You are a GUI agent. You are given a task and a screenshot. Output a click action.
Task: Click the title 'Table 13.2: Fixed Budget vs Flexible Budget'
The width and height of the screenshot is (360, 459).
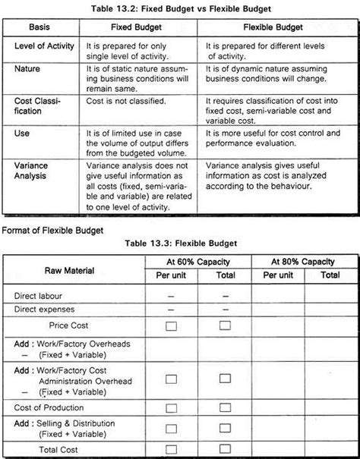click(x=180, y=8)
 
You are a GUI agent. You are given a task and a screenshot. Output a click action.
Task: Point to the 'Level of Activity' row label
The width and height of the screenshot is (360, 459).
click(x=45, y=46)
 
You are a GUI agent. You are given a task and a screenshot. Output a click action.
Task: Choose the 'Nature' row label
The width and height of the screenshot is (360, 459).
click(x=28, y=68)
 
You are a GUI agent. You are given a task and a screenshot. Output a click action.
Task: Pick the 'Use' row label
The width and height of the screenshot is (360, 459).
click(x=21, y=132)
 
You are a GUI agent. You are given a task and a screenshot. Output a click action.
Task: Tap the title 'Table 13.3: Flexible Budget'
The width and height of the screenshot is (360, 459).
click(x=180, y=243)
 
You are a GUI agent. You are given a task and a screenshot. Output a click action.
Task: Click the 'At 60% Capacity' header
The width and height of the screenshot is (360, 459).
click(x=198, y=262)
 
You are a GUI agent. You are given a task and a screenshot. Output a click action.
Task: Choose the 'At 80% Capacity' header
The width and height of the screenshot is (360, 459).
click(x=303, y=262)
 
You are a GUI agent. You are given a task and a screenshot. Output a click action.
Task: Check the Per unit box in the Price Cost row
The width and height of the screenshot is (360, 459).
click(x=171, y=325)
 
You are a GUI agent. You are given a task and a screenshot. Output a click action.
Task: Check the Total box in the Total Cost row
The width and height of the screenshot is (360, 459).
click(x=225, y=451)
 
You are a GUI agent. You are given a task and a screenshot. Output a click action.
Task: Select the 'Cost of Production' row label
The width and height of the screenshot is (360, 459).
click(x=46, y=407)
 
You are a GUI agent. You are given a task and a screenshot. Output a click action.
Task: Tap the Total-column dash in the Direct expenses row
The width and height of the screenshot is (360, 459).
click(x=225, y=310)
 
